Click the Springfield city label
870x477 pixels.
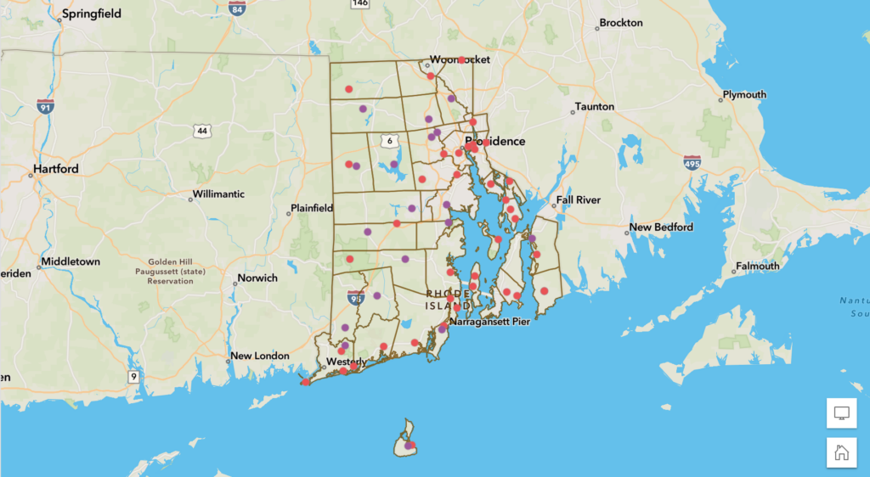coord(92,14)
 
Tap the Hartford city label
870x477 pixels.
coord(56,169)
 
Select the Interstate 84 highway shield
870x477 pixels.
coord(238,9)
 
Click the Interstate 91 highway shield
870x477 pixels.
coord(45,106)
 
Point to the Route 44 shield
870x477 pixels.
coord(201,131)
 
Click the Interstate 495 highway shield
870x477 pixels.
coord(692,162)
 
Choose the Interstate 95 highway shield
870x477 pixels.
coord(356,297)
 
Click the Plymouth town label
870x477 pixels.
coord(744,94)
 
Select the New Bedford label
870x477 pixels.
coord(661,227)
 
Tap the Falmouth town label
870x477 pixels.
coord(757,266)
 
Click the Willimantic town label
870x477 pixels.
coord(218,194)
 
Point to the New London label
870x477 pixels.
coord(260,356)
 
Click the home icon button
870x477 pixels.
coord(841,452)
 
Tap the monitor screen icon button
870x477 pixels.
coord(841,412)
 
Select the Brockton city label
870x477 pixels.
coord(621,23)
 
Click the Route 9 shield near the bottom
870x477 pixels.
coord(133,376)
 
